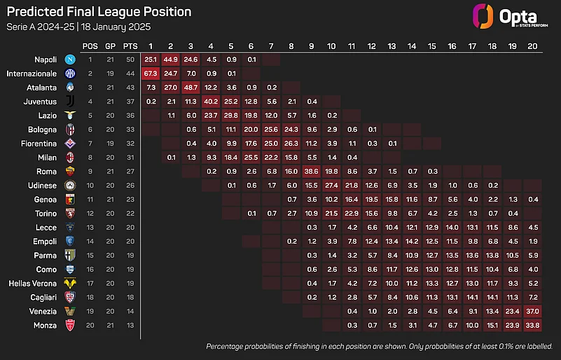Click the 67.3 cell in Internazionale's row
[x=151, y=73]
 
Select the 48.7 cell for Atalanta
[x=191, y=87]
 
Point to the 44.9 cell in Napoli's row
[x=171, y=59]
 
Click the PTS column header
[x=129, y=46]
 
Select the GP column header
[x=110, y=46]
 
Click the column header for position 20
[x=533, y=46]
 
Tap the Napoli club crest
[x=69, y=59]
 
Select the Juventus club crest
[x=69, y=101]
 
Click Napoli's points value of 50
[x=129, y=59]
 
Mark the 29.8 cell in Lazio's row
[x=231, y=115]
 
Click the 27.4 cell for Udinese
[x=332, y=185]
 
